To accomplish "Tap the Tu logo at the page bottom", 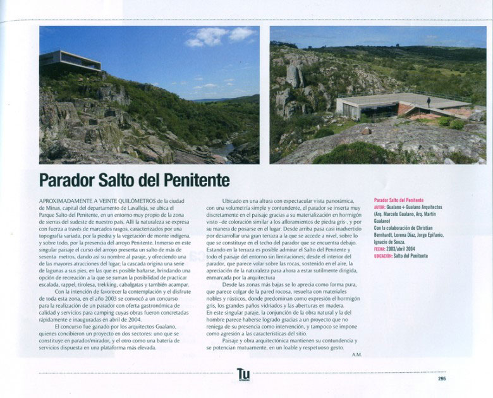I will point(243,375).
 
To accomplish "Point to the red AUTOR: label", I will point(379,207).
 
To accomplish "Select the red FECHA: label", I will point(379,249).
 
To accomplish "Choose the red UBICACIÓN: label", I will point(383,256).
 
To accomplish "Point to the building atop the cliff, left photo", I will point(70,61).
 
